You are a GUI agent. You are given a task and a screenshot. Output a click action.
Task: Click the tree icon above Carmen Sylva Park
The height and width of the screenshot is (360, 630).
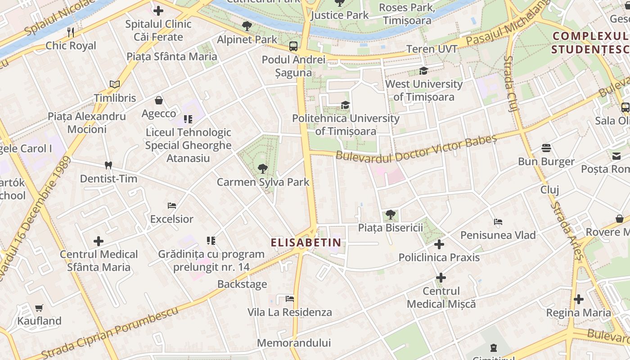[x=263, y=169]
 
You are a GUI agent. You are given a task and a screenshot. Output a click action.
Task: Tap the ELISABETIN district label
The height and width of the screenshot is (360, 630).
[x=306, y=243]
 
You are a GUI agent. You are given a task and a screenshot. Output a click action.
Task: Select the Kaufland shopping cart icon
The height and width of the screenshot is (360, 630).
[x=39, y=308]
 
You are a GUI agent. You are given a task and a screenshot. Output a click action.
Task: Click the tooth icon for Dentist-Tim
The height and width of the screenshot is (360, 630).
[x=108, y=165]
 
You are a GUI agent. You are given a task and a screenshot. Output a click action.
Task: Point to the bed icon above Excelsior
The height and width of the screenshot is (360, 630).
[x=171, y=206]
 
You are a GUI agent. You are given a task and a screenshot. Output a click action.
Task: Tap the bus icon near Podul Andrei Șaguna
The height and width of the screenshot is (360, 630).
[x=293, y=46]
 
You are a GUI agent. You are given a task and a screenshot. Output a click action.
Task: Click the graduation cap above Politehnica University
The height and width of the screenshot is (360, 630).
[x=345, y=105]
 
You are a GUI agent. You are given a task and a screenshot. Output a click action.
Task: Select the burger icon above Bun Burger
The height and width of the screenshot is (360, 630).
[x=546, y=148]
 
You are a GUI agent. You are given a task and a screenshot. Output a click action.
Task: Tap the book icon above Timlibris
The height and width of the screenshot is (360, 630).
[x=115, y=84]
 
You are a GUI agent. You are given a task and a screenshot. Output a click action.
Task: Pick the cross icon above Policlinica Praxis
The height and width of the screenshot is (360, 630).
[x=439, y=244]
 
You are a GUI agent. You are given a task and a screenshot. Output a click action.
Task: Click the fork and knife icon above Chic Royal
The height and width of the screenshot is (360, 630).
[x=71, y=32]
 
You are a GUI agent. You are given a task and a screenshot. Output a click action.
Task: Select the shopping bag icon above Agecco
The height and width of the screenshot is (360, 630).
[x=158, y=100]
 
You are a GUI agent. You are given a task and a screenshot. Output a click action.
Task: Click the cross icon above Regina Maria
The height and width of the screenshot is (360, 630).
[x=579, y=299]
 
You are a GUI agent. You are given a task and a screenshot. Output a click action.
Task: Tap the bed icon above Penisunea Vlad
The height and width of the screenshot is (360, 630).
[x=498, y=222]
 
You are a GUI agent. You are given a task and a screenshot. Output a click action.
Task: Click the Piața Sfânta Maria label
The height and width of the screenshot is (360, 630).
[x=172, y=56]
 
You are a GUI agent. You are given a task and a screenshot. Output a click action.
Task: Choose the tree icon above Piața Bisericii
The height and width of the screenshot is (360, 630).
[x=391, y=214]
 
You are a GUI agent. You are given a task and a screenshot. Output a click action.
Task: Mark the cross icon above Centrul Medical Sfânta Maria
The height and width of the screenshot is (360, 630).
[x=99, y=241]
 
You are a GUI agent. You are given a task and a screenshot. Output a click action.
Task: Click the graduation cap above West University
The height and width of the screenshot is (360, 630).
[x=423, y=71]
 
